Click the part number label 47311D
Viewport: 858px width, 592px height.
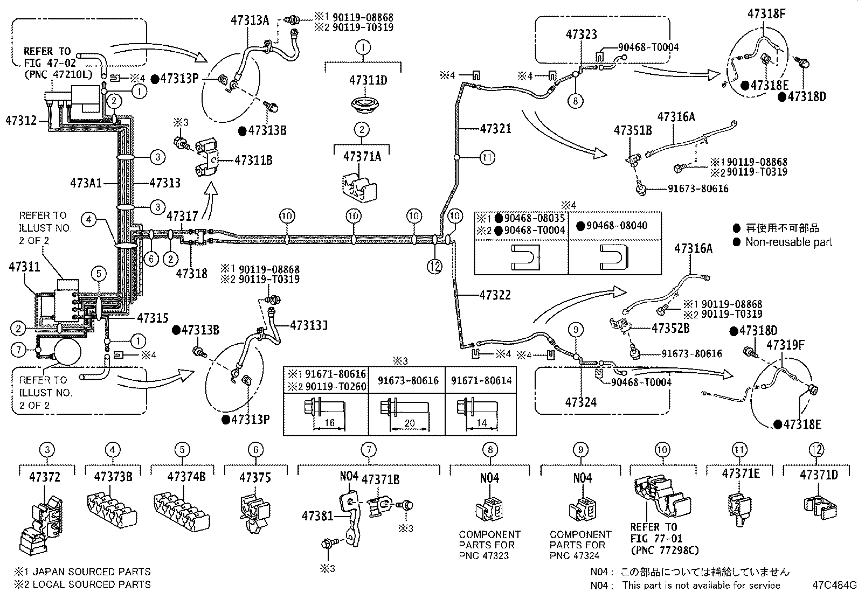pos(368,81)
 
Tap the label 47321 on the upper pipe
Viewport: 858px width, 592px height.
pos(495,129)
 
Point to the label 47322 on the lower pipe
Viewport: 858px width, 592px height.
pos(495,295)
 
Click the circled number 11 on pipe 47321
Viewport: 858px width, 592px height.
pos(487,158)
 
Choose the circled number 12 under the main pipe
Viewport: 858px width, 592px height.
pos(434,265)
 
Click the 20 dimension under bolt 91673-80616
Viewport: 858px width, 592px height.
pos(410,423)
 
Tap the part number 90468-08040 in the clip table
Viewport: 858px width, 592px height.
pos(617,226)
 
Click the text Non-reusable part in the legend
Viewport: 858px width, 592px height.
pos(788,242)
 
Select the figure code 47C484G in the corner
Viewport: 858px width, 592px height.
pos(835,585)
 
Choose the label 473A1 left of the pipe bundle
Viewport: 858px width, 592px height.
pos(86,183)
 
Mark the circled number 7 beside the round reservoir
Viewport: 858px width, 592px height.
pos(19,351)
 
